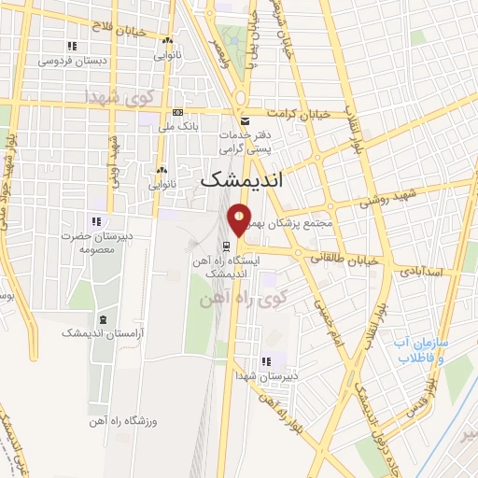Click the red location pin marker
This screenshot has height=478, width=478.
point(239,219)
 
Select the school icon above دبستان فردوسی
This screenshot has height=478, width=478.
point(72,46)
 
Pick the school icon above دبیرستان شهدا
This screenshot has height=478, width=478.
point(265,361)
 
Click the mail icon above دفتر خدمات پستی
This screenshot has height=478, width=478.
point(244,121)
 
